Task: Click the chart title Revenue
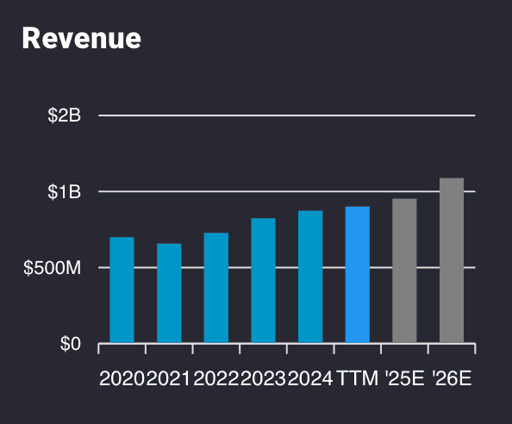(x=81, y=38)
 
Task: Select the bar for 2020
(x=122, y=290)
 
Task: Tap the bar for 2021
(x=169, y=293)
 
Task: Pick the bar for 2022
(x=216, y=288)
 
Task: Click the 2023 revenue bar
(x=263, y=281)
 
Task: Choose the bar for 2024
(x=310, y=277)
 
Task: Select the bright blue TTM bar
(x=357, y=275)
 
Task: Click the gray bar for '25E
(x=404, y=271)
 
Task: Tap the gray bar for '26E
(x=452, y=260)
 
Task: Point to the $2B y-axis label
(x=64, y=115)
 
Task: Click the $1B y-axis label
(x=64, y=191)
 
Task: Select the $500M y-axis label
(x=53, y=268)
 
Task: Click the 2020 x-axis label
(x=122, y=378)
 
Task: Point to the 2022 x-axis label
(x=216, y=378)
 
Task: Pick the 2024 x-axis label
(x=310, y=378)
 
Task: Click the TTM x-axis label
(x=358, y=378)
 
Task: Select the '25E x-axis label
(x=404, y=378)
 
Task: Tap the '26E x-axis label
(x=452, y=378)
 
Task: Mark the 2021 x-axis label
(x=169, y=378)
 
